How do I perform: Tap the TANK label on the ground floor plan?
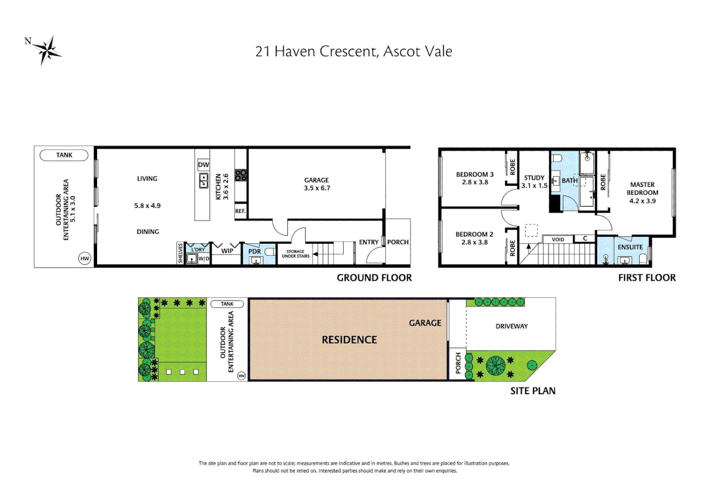pyautogui.click(x=64, y=155)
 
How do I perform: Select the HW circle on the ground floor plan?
pyautogui.click(x=85, y=259)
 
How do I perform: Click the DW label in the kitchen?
pyautogui.click(x=204, y=165)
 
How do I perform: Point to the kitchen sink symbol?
pyautogui.click(x=204, y=180)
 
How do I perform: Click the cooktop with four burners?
pyautogui.click(x=241, y=175)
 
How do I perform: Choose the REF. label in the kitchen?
pyautogui.click(x=240, y=211)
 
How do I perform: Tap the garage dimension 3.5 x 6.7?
pyautogui.click(x=317, y=188)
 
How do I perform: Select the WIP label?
pyautogui.click(x=227, y=251)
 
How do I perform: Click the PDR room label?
pyautogui.click(x=255, y=251)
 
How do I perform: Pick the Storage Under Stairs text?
pyautogui.click(x=296, y=254)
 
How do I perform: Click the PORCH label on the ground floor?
pyautogui.click(x=398, y=242)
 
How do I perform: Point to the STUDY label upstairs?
pyautogui.click(x=534, y=178)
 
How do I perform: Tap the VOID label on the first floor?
pyautogui.click(x=558, y=240)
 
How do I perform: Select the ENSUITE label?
pyautogui.click(x=630, y=247)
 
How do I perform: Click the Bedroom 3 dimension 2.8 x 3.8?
pyautogui.click(x=475, y=182)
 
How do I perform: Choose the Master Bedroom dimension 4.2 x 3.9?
pyautogui.click(x=643, y=201)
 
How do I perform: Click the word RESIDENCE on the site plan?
pyautogui.click(x=349, y=340)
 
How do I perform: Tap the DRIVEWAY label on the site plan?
pyautogui.click(x=512, y=326)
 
